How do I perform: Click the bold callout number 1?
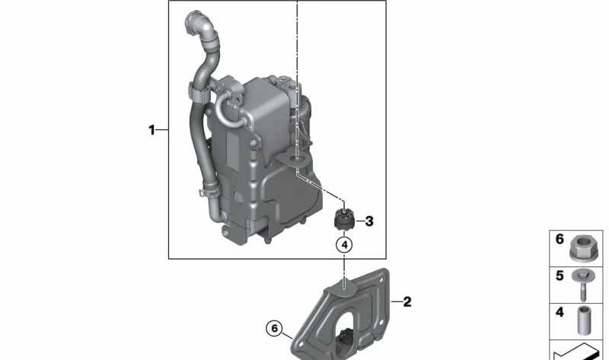(151, 129)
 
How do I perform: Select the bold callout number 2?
(407, 301)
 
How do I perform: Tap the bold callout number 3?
(369, 221)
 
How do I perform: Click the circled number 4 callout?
(344, 245)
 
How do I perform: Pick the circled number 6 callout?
(274, 329)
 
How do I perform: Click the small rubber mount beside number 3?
(343, 219)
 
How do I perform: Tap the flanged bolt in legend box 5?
(583, 285)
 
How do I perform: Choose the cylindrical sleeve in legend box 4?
(583, 320)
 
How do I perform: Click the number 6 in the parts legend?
(560, 239)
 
